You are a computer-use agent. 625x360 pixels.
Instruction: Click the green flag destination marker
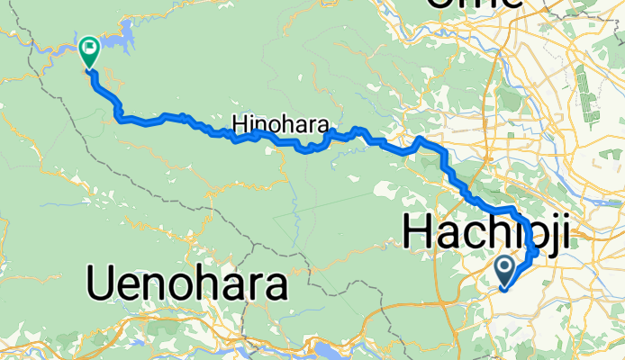coord(90,51)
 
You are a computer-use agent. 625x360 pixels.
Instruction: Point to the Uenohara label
coord(188,285)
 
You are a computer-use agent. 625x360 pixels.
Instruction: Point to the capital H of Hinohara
coord(238,122)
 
